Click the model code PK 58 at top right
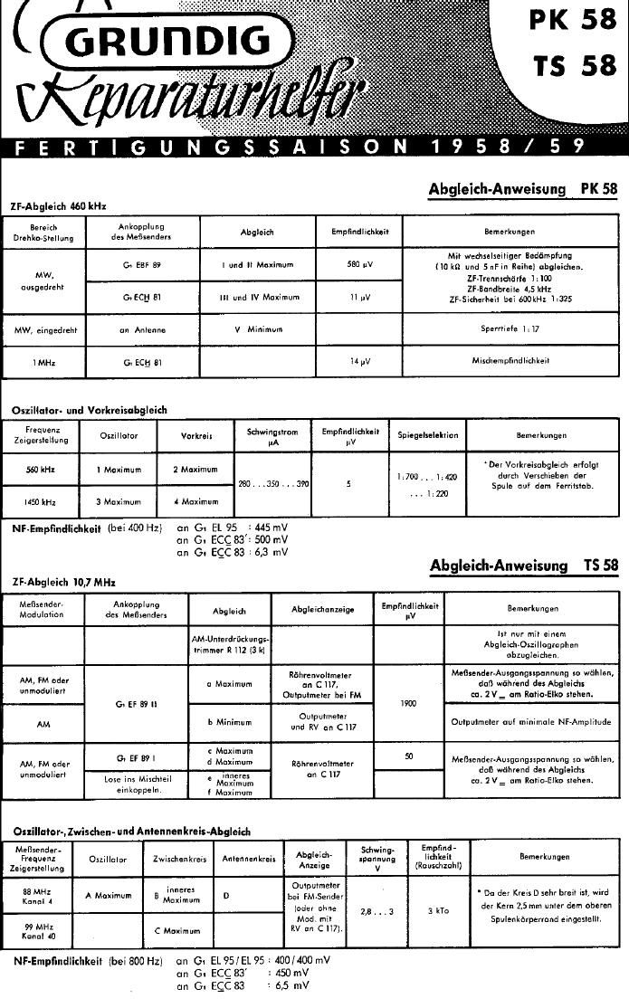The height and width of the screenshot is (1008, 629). pyautogui.click(x=573, y=20)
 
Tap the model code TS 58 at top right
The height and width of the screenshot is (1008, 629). pyautogui.click(x=573, y=67)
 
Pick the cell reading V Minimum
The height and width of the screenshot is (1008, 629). pyautogui.click(x=258, y=329)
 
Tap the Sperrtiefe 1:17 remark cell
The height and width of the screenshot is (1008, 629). pyautogui.click(x=510, y=329)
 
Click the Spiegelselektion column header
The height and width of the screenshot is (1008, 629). pyautogui.click(x=427, y=435)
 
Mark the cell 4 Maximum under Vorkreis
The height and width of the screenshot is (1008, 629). pyautogui.click(x=195, y=500)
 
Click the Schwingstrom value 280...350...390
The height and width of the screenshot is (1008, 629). pyautogui.click(x=273, y=484)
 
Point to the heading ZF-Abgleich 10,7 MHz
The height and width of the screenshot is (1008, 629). pyautogui.click(x=62, y=582)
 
